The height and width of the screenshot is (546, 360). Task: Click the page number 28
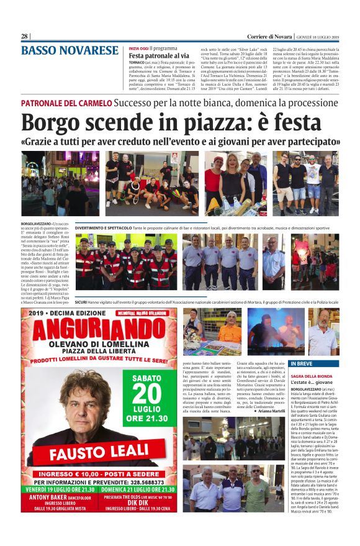(25, 36)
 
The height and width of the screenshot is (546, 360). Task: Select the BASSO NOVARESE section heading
(70, 51)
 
